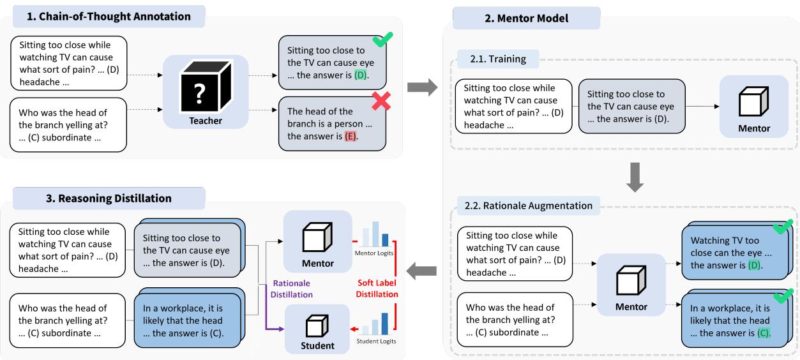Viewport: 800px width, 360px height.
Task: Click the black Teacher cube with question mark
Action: pyautogui.click(x=205, y=85)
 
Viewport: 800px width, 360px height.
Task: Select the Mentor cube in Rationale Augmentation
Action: pyautogui.click(x=631, y=281)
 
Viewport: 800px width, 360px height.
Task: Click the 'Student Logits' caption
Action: pyautogui.click(x=376, y=341)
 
